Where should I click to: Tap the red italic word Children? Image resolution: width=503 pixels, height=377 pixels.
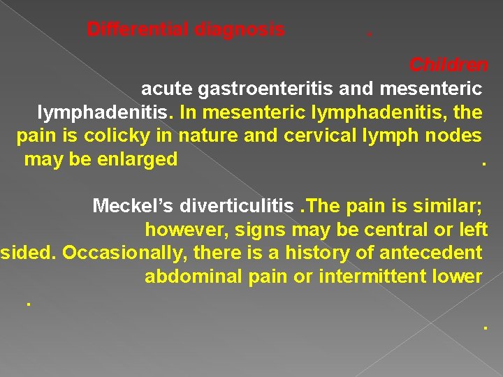[x=449, y=66]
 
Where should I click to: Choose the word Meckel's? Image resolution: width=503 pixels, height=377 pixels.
[x=133, y=206]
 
